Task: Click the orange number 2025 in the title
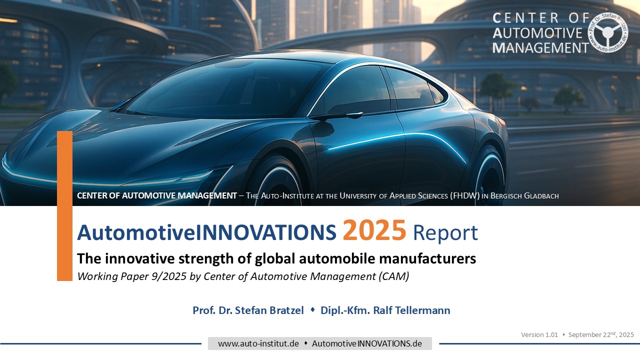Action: pos(374,230)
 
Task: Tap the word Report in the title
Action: pos(445,233)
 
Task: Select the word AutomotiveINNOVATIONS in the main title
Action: pos(206,232)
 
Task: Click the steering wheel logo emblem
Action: pos(607,32)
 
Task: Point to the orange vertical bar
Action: pos(64,205)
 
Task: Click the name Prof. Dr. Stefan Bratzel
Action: pos(248,310)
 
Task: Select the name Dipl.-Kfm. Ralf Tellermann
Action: pos(385,310)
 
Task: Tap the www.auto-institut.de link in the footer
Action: pos(258,343)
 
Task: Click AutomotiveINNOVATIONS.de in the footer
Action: pos(367,343)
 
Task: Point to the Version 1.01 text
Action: pos(539,334)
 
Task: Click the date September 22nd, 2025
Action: pos(601,334)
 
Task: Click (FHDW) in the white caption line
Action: pos(464,195)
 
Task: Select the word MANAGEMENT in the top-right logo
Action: pos(540,48)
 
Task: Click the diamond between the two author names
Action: pos(312,309)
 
